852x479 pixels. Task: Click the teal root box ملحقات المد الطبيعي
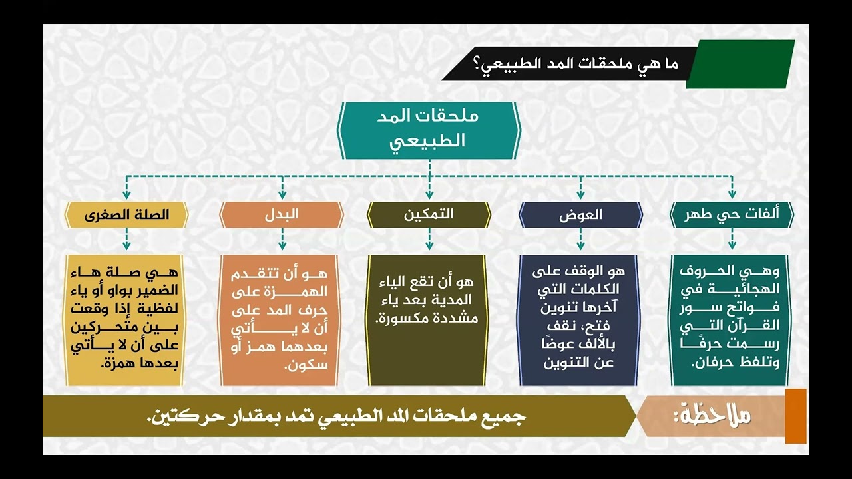tap(429, 130)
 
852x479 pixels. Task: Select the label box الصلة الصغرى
tap(126, 215)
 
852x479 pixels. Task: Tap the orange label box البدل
tap(282, 215)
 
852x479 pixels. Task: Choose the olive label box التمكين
tap(429, 215)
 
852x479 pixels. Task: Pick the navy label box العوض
tap(580, 215)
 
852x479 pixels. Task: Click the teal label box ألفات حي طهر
tap(732, 215)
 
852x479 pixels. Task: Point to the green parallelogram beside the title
tap(740, 64)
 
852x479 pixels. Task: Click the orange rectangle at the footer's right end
tap(795, 416)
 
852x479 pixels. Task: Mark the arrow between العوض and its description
tap(580, 240)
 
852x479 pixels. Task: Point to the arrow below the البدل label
tap(282, 240)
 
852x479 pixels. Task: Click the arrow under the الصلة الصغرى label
tap(126, 240)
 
